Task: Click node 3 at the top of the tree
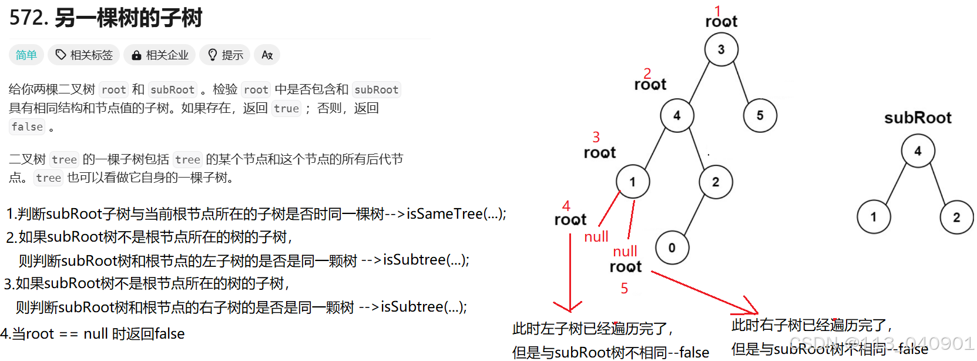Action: coord(721,49)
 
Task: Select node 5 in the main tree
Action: coord(760,115)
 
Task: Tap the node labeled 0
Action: coord(672,248)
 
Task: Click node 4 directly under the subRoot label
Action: coord(918,151)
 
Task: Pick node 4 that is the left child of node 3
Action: coord(677,115)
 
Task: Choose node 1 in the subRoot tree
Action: coord(874,217)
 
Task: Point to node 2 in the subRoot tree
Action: coord(956,217)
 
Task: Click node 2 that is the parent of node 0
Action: coord(716,182)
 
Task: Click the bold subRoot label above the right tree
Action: coord(918,118)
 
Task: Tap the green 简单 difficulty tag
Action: coord(26,55)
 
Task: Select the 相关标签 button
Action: coord(84,55)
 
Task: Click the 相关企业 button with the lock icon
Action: coord(160,55)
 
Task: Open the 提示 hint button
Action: coord(225,55)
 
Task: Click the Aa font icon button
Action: coord(267,55)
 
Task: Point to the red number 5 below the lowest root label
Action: coord(625,288)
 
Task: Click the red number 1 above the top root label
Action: coord(717,10)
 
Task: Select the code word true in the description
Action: coord(286,108)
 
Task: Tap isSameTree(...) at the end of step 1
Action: coord(456,213)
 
